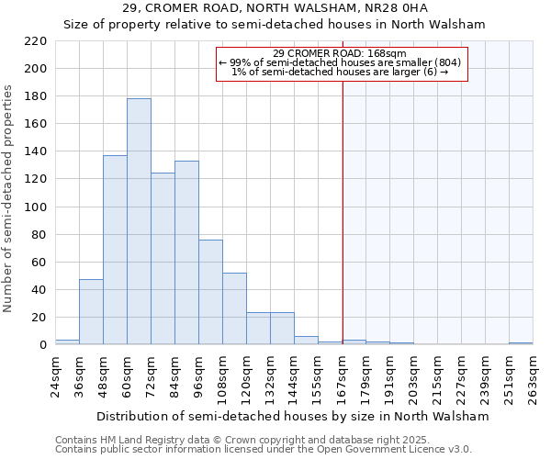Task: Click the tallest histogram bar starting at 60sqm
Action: click(139, 221)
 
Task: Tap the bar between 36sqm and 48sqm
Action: click(91, 312)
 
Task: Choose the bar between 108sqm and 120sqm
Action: click(234, 308)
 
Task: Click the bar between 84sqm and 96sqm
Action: click(186, 252)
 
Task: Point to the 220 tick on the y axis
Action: click(36, 41)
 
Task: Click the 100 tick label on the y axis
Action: click(36, 207)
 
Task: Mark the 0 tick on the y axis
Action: click(43, 345)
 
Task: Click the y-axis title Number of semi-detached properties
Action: click(9, 198)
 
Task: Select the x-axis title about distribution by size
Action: click(293, 416)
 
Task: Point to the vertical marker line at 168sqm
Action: click(343, 211)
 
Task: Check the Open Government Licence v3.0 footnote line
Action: click(264, 450)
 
